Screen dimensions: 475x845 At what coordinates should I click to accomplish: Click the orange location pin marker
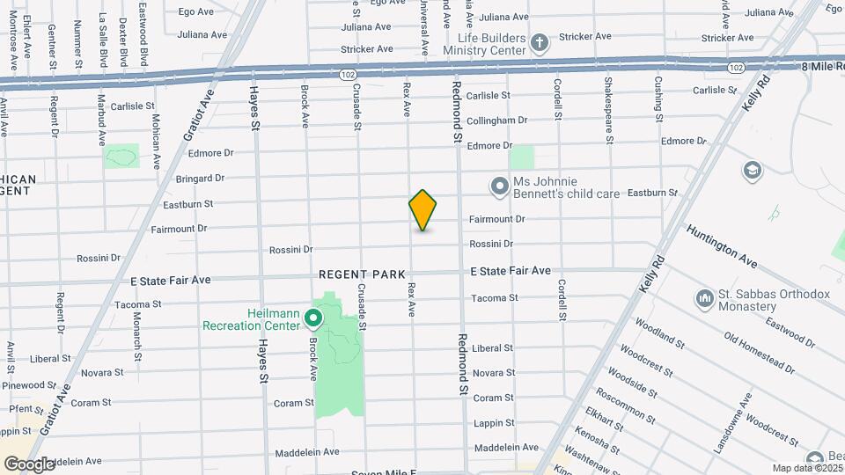422,210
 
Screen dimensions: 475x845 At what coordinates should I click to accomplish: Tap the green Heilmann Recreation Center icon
312,317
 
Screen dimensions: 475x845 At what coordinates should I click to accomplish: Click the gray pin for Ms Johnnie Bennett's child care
500,186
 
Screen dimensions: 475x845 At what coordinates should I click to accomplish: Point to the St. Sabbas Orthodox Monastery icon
704,299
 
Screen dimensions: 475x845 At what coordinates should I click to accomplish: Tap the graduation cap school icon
752,169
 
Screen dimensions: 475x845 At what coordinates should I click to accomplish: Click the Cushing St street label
658,98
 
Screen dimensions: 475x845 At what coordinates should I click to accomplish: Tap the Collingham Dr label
496,121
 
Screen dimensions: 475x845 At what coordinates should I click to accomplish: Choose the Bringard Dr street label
200,179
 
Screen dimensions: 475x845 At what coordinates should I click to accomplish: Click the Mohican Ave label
155,135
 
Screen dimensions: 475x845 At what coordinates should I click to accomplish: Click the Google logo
29,464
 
